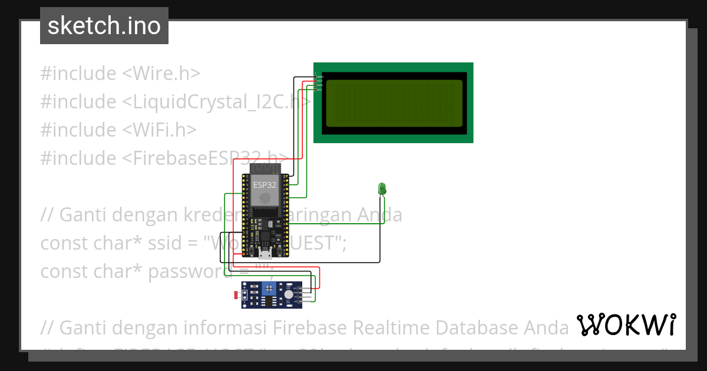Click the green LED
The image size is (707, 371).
click(382, 188)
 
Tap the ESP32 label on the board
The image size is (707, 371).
click(265, 185)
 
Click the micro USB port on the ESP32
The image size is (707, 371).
click(265, 254)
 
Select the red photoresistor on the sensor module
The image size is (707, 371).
click(243, 293)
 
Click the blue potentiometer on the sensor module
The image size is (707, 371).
click(269, 288)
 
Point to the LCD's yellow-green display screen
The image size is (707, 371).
click(394, 102)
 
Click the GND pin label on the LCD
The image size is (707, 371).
click(320, 77)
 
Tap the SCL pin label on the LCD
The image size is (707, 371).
click(320, 90)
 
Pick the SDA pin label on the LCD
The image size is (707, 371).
click(320, 85)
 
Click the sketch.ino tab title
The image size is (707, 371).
click(104, 26)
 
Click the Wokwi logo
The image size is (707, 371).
click(626, 324)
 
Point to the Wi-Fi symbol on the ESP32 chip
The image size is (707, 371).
click(265, 198)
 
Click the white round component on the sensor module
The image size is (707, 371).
click(288, 295)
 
